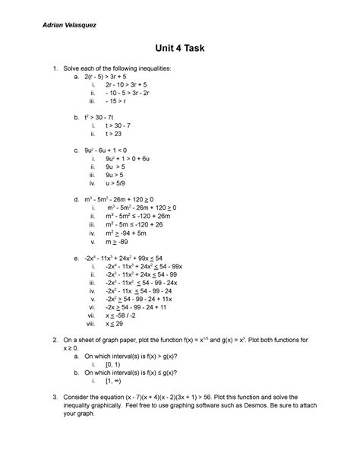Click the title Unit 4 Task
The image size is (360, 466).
click(179, 49)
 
